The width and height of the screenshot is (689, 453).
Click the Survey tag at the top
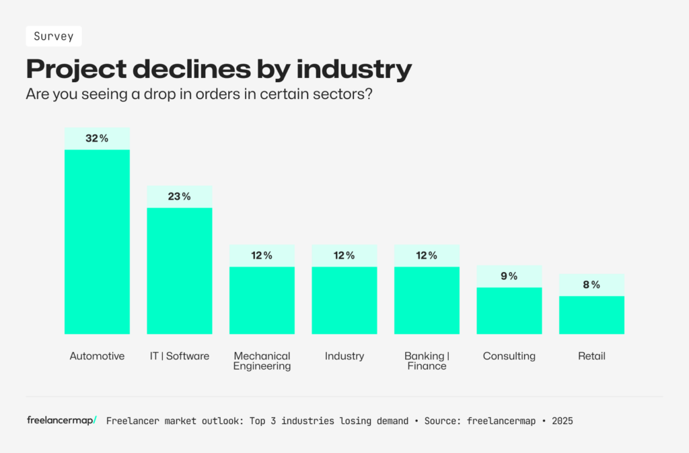coord(54,36)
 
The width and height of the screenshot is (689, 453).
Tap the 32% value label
coord(97,139)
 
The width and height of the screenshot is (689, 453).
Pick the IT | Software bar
coord(180,270)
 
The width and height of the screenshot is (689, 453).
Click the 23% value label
coord(180,197)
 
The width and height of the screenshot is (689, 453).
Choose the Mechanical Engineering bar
coord(262,300)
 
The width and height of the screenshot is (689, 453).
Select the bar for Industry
coord(344,300)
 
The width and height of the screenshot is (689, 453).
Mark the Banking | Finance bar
coord(427,300)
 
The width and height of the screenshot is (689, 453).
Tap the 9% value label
coord(509,276)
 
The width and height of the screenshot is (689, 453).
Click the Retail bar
coord(591,314)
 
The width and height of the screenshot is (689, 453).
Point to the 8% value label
coord(591,285)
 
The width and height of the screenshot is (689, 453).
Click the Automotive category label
coord(97,356)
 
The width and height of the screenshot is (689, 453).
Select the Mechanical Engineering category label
coord(262,361)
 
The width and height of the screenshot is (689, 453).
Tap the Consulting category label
coord(509,356)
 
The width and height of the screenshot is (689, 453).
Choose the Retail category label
coord(591,356)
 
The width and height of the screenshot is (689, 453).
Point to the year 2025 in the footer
coord(563,421)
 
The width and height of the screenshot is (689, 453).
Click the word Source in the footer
coord(441,421)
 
